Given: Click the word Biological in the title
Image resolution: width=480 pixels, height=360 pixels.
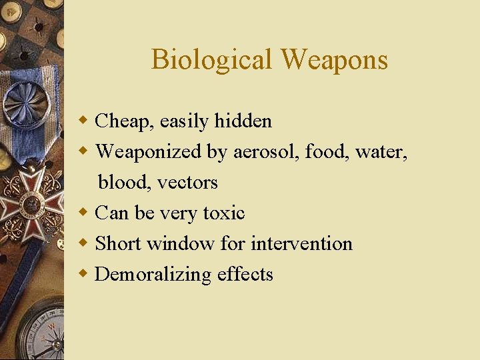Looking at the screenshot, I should (212, 59).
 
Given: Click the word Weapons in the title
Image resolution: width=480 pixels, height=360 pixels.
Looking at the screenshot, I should (334, 59).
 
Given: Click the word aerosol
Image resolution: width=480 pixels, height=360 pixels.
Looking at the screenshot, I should (266, 152).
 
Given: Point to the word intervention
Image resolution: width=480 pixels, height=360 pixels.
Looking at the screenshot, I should (301, 243).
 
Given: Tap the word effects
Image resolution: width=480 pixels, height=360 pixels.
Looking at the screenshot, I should (245, 274).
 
